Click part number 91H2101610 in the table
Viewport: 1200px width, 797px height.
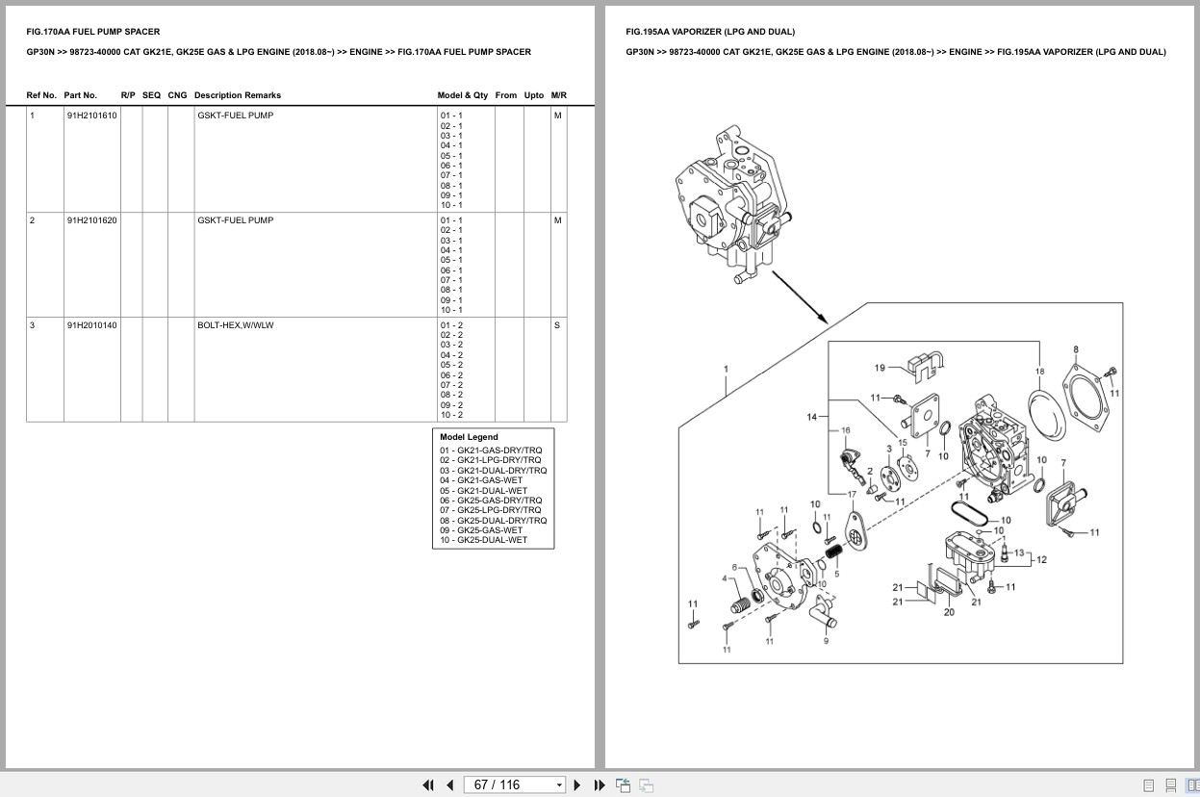(91, 116)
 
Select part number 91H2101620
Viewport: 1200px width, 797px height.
(91, 220)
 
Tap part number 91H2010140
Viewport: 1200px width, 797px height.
(91, 325)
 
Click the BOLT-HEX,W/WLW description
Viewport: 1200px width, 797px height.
(235, 325)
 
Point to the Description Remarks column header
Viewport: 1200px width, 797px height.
(237, 95)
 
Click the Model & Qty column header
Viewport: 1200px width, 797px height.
(462, 95)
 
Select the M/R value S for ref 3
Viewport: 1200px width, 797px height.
(557, 325)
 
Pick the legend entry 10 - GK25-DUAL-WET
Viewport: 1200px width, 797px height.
(483, 540)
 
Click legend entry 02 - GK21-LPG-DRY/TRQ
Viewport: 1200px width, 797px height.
(490, 460)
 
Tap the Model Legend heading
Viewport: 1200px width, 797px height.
(469, 437)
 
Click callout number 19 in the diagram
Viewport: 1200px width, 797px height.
(880, 368)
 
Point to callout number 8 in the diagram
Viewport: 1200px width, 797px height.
(1076, 349)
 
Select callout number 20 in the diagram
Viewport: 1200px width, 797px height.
(949, 612)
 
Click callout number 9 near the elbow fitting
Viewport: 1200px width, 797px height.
(826, 641)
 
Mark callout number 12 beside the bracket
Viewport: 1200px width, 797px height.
(1041, 559)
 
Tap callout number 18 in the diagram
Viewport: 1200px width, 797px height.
(1039, 372)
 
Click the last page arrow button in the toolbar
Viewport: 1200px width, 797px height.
(600, 784)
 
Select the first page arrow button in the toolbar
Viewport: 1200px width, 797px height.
(427, 784)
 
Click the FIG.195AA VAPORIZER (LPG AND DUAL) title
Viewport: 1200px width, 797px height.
(710, 32)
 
